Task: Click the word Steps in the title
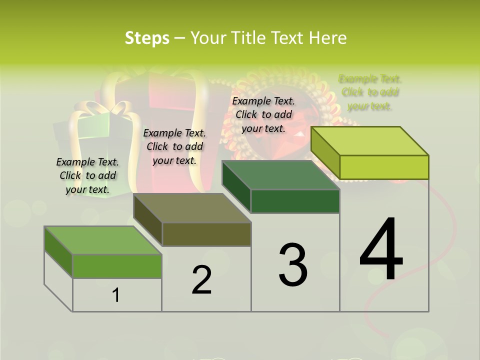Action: (146, 38)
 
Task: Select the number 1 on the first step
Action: (116, 295)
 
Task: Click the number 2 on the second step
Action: (201, 280)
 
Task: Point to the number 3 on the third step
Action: (293, 265)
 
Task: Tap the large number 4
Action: (381, 250)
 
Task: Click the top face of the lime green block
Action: (370, 140)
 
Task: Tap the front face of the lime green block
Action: (384, 167)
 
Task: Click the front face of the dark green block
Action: (295, 201)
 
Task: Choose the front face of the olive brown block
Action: (206, 234)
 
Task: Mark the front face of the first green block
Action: (117, 266)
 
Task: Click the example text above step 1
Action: (87, 176)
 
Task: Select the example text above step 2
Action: (174, 146)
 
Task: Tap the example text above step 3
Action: (263, 114)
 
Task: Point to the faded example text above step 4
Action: (370, 92)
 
